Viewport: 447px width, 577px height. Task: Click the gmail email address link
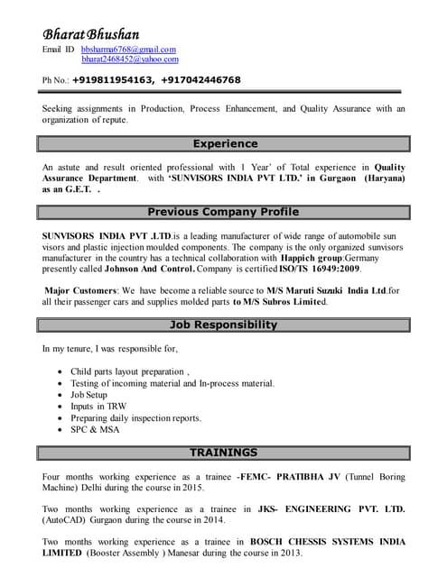click(128, 50)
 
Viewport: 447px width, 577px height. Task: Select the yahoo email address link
click(129, 60)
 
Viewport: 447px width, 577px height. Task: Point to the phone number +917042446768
click(200, 80)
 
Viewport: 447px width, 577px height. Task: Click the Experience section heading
click(225, 143)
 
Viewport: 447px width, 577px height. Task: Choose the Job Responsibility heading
click(225, 325)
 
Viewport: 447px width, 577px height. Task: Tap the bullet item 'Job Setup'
click(88, 395)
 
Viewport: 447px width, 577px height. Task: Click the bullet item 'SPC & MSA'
click(96, 430)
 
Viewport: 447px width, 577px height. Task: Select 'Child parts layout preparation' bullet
click(128, 371)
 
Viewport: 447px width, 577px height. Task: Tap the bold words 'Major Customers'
click(80, 290)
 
